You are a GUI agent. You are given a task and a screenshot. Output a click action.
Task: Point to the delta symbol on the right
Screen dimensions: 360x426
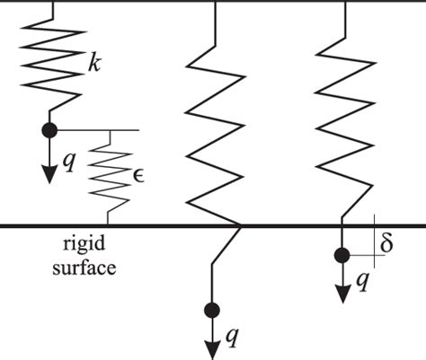[x=387, y=243]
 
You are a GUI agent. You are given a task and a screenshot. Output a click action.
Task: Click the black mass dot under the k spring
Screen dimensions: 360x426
[x=50, y=130]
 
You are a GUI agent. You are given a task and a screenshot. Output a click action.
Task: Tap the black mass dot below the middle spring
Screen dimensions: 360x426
[x=211, y=311]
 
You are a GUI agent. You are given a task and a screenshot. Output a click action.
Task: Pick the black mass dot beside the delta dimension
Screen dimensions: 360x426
[x=342, y=256]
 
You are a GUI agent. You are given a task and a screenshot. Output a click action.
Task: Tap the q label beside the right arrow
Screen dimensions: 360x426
[x=361, y=281]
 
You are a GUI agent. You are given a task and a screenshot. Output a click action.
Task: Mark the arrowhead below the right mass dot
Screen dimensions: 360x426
[x=342, y=297]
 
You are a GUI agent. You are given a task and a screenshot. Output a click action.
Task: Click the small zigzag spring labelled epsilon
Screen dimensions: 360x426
[x=110, y=175]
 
